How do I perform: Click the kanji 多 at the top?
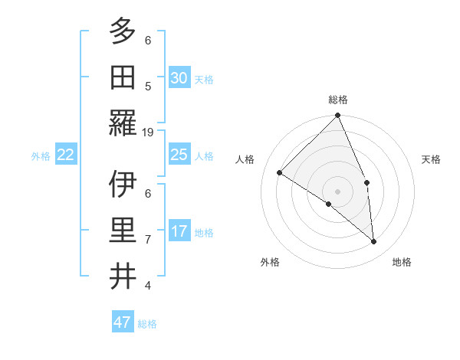point(123,31)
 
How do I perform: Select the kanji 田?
point(123,77)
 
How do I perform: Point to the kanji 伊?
point(123,184)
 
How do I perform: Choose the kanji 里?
point(123,231)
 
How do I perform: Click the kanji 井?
point(123,277)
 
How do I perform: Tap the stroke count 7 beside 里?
point(148,240)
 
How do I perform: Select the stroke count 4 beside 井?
point(148,286)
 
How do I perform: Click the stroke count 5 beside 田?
point(148,87)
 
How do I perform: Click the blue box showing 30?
point(179,78)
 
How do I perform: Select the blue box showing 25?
point(179,155)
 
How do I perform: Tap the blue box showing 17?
point(179,231)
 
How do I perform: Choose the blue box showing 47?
point(123,322)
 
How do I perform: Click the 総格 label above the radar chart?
point(338,100)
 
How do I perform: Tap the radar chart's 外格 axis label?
point(270,262)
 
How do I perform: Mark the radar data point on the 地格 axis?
point(374,242)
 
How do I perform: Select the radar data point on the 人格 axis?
point(280,172)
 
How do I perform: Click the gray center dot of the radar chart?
point(337,191)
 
